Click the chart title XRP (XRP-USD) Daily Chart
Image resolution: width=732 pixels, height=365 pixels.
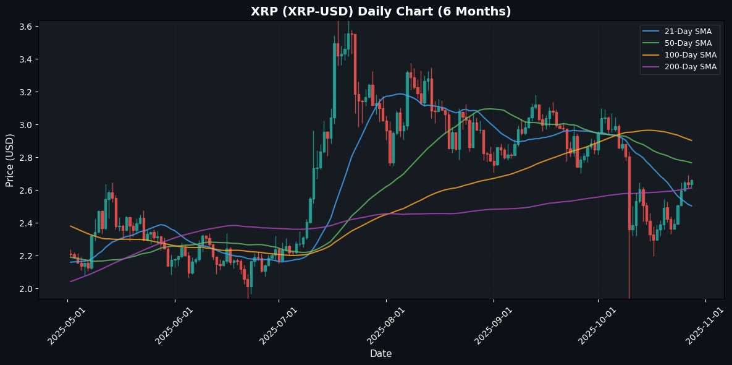pos(366,11)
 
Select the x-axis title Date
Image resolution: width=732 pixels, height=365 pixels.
pos(381,353)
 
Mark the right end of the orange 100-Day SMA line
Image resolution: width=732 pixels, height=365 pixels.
pos(691,140)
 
